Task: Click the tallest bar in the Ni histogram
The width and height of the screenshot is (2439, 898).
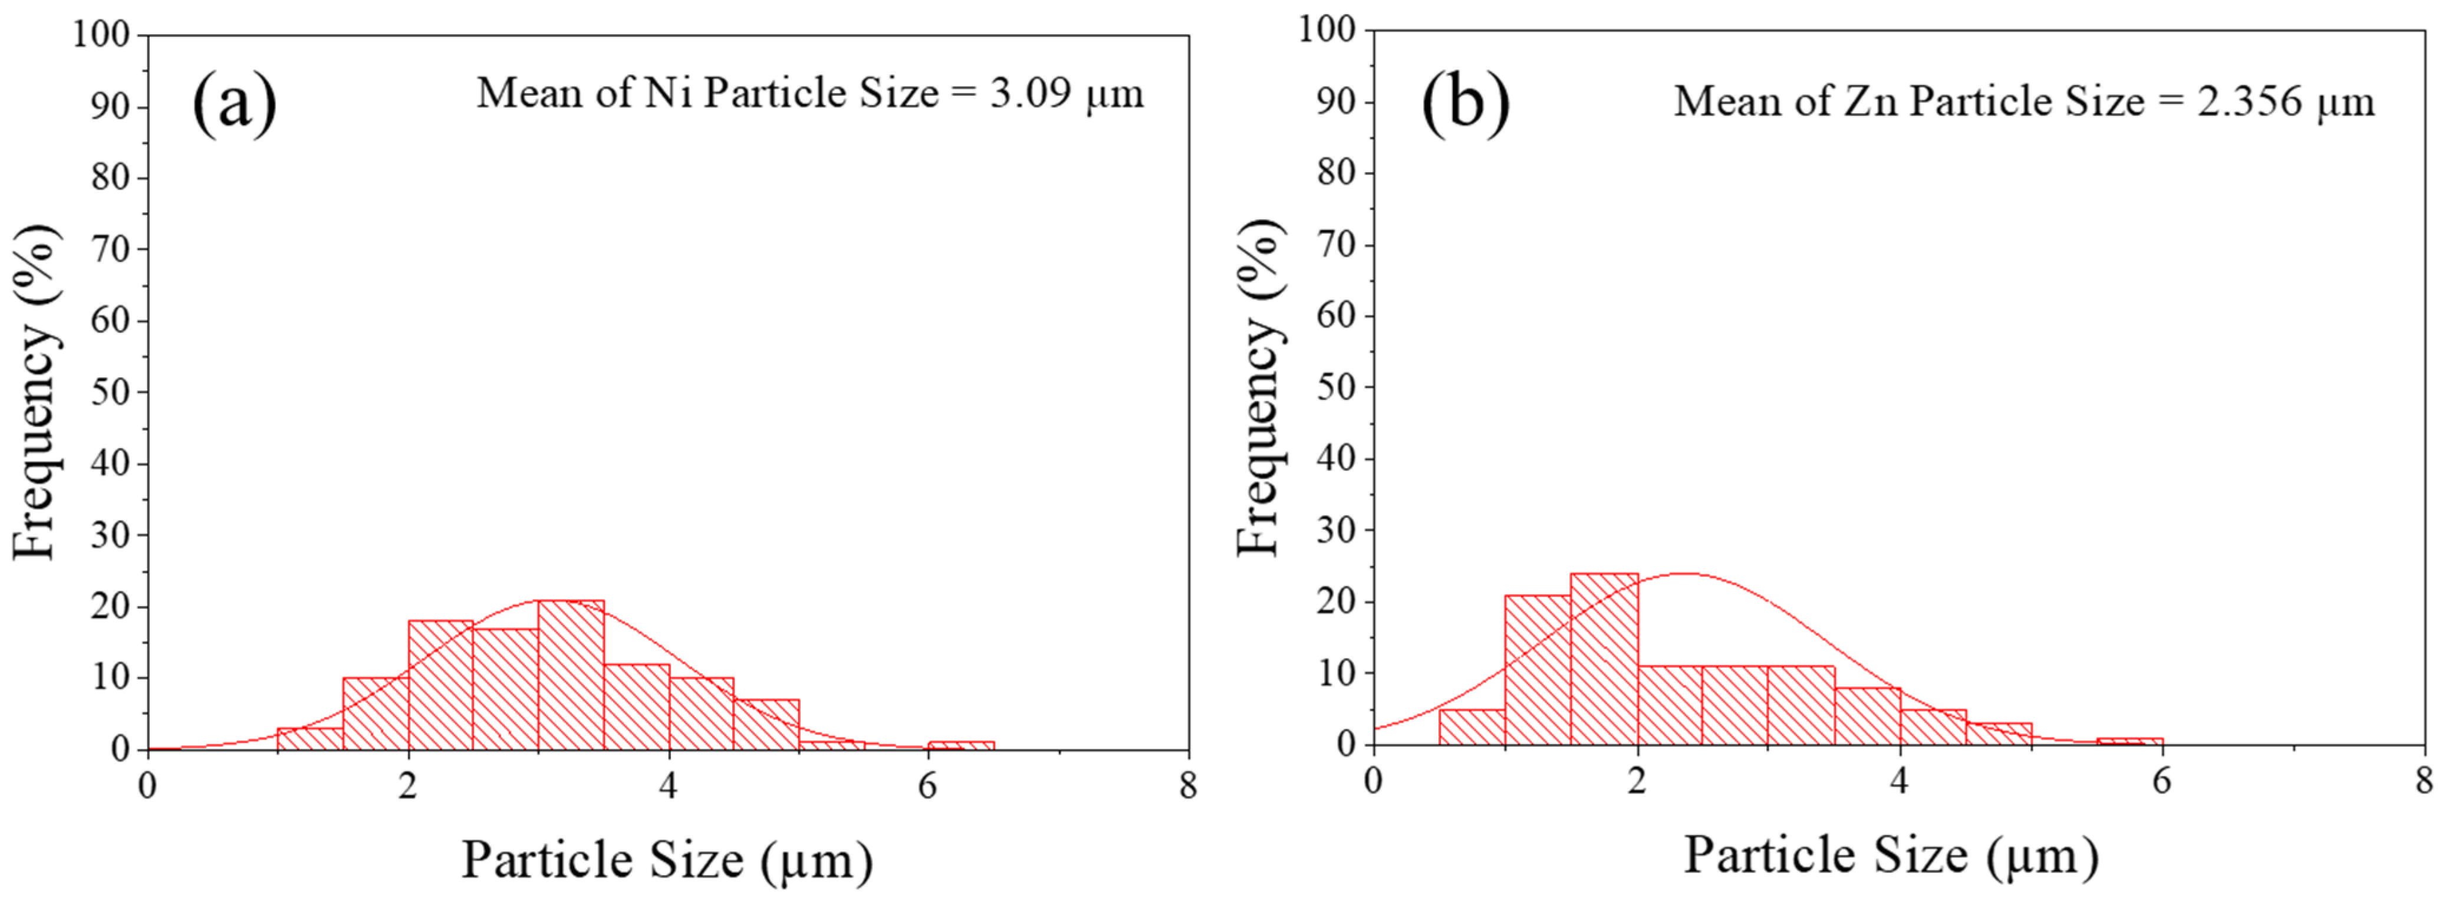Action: click(x=570, y=675)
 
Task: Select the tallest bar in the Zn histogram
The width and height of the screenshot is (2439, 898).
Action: click(x=1604, y=659)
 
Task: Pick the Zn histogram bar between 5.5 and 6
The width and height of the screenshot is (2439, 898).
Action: click(x=2129, y=740)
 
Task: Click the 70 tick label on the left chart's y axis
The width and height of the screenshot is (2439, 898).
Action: click(x=110, y=250)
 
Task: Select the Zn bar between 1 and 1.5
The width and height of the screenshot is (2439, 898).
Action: click(x=1538, y=670)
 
